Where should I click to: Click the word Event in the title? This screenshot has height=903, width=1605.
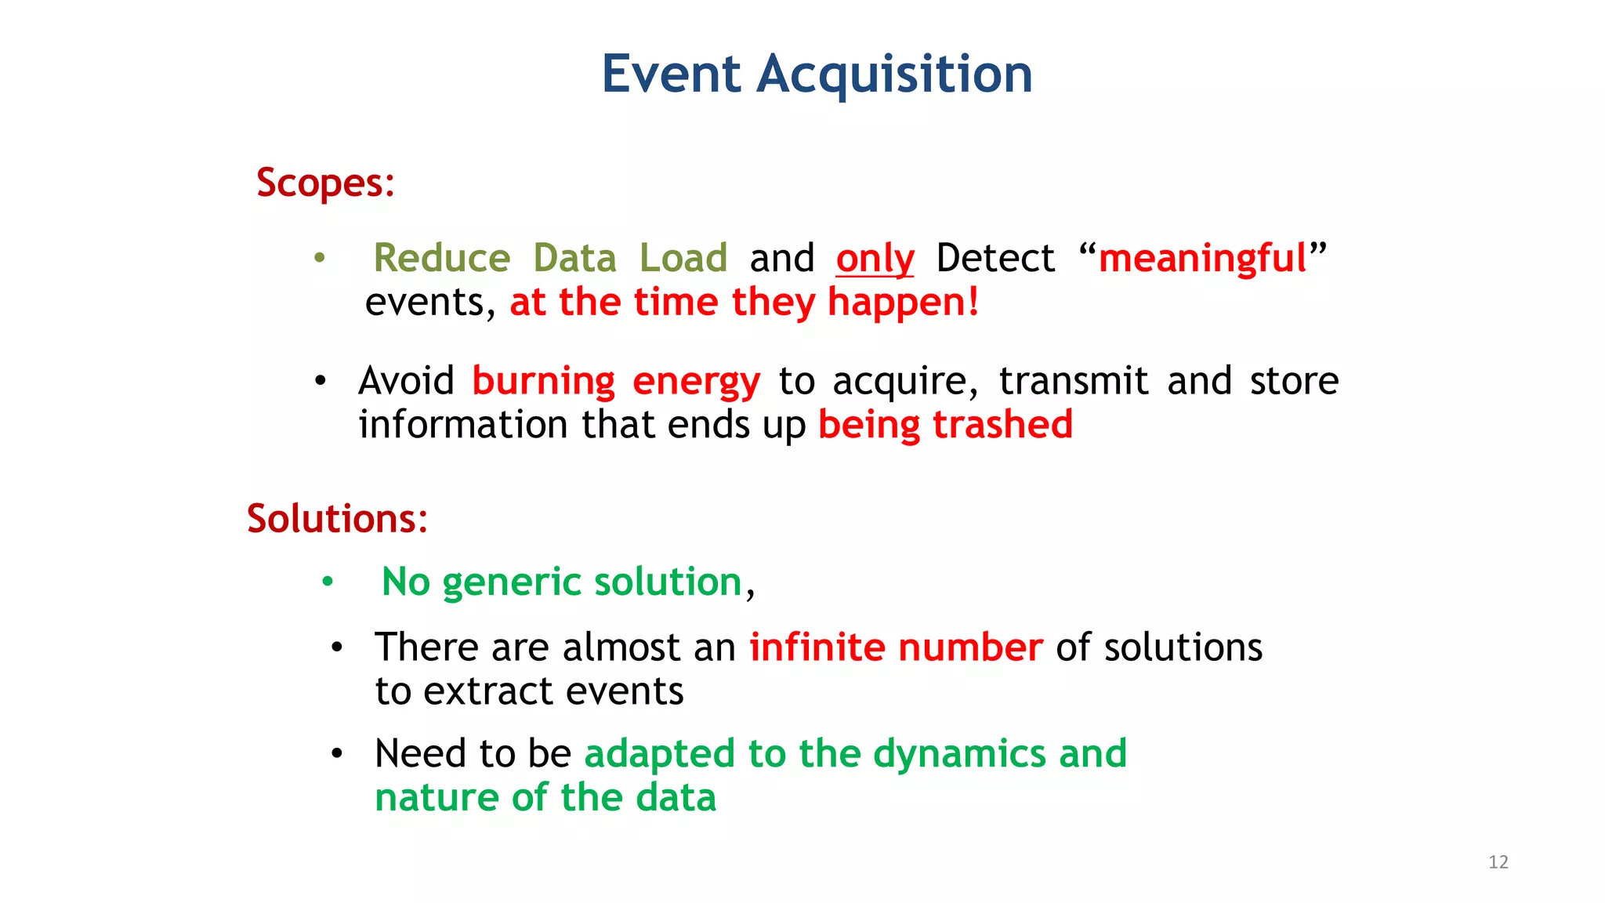(x=671, y=75)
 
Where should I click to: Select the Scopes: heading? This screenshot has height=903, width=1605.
(x=325, y=183)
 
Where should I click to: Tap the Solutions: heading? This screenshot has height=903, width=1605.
(x=337, y=519)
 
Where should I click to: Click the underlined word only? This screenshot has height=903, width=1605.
(x=875, y=259)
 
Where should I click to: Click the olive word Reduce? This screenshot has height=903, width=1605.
(x=442, y=259)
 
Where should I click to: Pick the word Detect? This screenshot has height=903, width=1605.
(x=995, y=259)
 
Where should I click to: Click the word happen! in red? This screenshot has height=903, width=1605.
(x=903, y=303)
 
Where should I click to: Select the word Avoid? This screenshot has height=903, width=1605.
(x=406, y=382)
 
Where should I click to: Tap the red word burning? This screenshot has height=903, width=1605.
(x=543, y=382)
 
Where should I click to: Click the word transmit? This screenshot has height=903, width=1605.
(x=1074, y=382)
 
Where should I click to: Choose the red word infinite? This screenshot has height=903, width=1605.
(x=816, y=647)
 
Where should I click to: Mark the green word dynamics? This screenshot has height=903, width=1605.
(x=959, y=754)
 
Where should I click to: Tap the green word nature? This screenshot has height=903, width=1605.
(x=437, y=798)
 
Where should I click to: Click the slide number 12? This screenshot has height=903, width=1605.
(x=1498, y=862)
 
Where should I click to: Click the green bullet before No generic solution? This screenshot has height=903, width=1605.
(x=328, y=582)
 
